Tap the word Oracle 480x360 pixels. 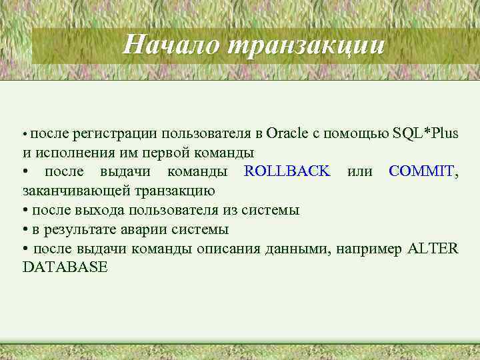click(287, 133)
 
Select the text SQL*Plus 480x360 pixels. click(426, 133)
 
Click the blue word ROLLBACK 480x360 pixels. click(287, 171)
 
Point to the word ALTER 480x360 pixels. click(433, 249)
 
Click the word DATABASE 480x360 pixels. click(65, 268)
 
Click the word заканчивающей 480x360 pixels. click(77, 191)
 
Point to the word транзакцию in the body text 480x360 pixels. click(175, 191)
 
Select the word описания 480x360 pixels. click(227, 249)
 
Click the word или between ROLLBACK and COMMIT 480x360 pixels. click(359, 171)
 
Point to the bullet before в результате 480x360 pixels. click(25, 229)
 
